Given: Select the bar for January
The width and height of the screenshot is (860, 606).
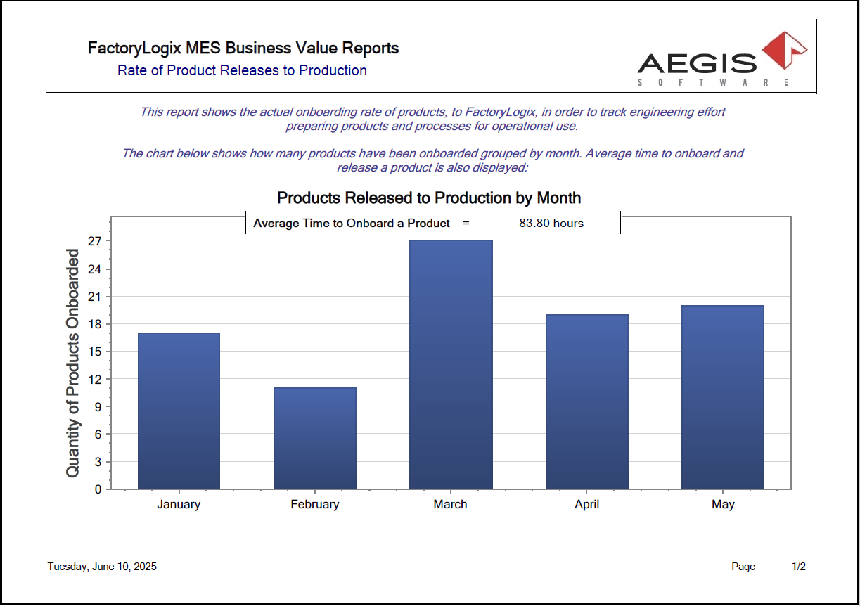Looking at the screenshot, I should click(x=179, y=411).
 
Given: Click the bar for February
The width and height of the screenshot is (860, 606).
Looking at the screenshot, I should click(x=314, y=438).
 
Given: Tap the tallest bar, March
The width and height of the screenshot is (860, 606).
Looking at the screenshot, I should click(x=451, y=364).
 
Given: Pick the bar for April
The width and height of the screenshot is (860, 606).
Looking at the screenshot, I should click(x=586, y=401).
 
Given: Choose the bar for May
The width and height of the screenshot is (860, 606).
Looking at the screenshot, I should click(x=722, y=397).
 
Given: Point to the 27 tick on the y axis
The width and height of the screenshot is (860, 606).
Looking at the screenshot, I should click(x=95, y=241).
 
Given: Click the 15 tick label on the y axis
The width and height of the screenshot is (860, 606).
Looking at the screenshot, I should click(x=95, y=352).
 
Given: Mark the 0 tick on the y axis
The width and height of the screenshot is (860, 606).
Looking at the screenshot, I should click(x=98, y=489).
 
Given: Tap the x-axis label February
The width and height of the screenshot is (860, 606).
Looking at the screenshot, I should click(x=314, y=504).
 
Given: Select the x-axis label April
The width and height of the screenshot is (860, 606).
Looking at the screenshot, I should click(x=586, y=504).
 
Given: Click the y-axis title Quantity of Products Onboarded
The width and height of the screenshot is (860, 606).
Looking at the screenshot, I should click(x=72, y=363).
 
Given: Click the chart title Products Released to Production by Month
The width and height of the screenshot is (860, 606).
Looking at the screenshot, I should click(x=429, y=198).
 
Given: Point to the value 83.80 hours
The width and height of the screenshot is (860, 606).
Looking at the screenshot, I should click(x=551, y=223).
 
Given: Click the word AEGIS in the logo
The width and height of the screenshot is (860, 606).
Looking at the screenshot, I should click(x=697, y=64).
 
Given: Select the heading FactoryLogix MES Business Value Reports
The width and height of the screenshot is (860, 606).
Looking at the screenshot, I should click(x=243, y=48).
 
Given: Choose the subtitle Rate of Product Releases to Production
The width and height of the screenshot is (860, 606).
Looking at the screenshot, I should click(x=242, y=70).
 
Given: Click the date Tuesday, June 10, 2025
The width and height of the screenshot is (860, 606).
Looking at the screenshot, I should click(x=102, y=567).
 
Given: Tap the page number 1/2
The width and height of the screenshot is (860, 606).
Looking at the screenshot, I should click(x=799, y=567).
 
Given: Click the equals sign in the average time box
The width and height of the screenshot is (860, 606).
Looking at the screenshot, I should click(x=466, y=223).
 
